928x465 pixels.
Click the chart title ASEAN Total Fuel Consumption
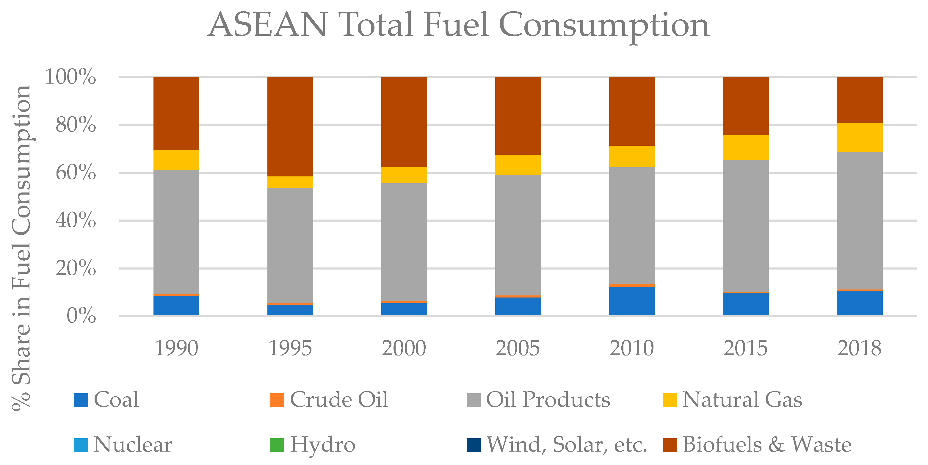coord(459,25)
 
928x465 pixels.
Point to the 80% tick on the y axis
coord(75,125)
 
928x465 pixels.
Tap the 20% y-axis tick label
coord(75,268)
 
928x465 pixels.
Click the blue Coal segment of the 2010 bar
coord(632,301)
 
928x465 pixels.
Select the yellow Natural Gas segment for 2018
coord(860,137)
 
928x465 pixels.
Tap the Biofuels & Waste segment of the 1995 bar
coord(290,126)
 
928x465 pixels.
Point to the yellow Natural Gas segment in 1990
coord(176,160)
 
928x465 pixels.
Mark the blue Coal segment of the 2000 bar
coord(404,309)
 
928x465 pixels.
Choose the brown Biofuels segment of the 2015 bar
coord(746,106)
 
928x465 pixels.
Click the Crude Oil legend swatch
coord(277,400)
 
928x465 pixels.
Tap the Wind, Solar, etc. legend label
coord(566,444)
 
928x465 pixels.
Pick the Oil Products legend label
coord(548,400)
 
